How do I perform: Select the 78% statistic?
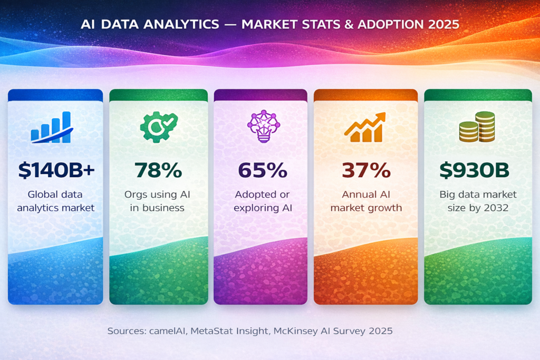[158, 170]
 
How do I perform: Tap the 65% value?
[262, 170]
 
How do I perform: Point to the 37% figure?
[366, 170]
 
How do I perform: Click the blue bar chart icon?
[52, 128]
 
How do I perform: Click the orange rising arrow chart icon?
[364, 128]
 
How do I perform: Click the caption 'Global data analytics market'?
[55, 201]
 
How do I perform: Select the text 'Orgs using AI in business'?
[158, 201]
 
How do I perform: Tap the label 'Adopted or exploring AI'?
[262, 201]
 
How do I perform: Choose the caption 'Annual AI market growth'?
[366, 201]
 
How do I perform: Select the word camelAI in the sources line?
[166, 331]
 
